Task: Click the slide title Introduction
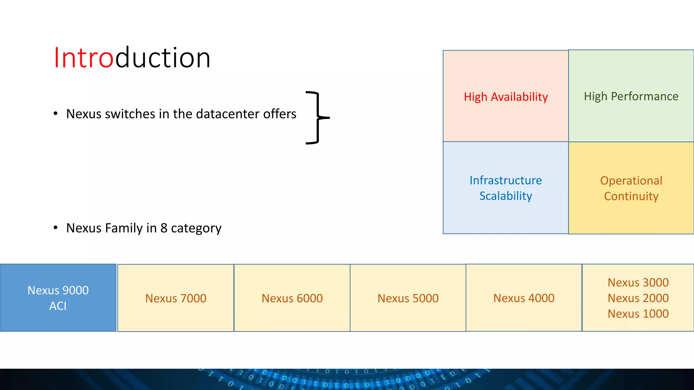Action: click(132, 58)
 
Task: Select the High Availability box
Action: click(506, 96)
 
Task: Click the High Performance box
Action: click(631, 96)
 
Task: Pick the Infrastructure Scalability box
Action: click(506, 188)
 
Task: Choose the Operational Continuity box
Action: click(631, 188)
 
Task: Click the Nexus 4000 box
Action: click(524, 298)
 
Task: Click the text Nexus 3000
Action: click(638, 282)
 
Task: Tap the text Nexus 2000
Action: click(638, 298)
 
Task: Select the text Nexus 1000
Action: click(638, 313)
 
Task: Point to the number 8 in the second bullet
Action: click(164, 228)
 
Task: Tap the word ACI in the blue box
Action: click(58, 306)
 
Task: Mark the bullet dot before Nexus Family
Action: click(56, 227)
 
